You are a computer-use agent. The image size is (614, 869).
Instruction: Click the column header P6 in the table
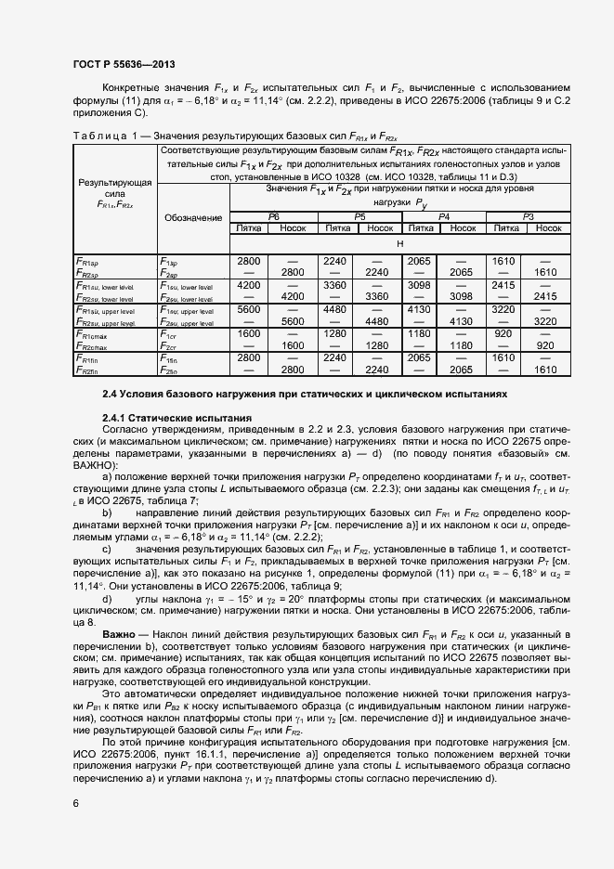273,215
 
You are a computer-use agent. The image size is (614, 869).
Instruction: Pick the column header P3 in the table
528,215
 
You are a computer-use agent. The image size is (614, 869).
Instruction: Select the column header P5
359,215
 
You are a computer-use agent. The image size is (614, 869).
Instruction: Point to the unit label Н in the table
399,242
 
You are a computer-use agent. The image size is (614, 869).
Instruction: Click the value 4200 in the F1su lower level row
250,285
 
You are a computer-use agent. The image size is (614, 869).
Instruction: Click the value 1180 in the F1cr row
420,333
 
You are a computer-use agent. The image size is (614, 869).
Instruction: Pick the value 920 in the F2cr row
545,345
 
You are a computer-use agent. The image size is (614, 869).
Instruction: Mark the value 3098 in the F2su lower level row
463,297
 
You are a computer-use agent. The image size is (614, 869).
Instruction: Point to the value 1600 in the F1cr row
250,333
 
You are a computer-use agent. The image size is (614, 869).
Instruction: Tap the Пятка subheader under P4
420,227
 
